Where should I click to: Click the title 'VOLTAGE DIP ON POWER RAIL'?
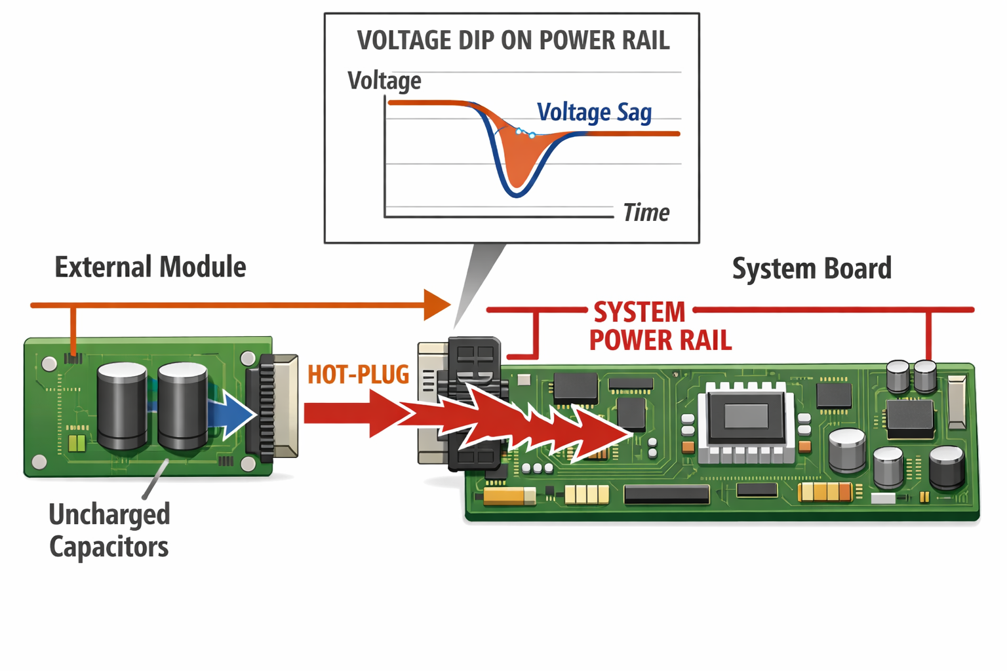click(x=513, y=41)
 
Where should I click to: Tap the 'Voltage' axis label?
click(x=384, y=81)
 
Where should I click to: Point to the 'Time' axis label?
click(x=646, y=213)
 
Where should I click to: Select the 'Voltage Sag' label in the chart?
click(x=594, y=112)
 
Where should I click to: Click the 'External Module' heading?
click(x=150, y=267)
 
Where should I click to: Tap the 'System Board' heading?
click(x=812, y=269)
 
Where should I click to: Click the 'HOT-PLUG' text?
click(x=358, y=375)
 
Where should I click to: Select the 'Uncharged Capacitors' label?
click(x=109, y=530)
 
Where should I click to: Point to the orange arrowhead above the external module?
click(x=437, y=305)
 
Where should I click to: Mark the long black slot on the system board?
click(x=666, y=495)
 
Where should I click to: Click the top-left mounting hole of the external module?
click(x=49, y=364)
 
